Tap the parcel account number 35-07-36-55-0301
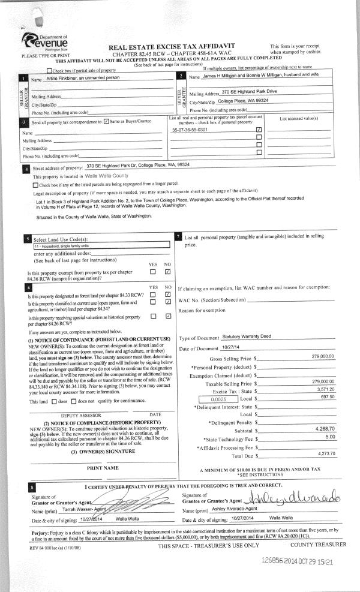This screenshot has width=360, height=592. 190,130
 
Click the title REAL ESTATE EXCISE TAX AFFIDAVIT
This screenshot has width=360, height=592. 171,46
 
